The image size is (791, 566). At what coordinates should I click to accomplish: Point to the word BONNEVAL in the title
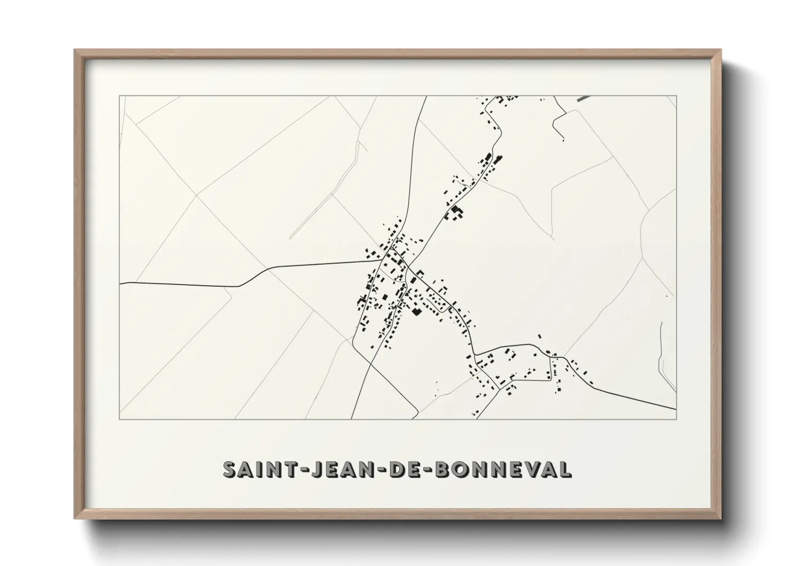(503, 469)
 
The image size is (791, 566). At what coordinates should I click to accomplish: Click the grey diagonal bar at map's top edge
(584, 98)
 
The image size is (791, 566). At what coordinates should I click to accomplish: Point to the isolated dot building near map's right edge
(666, 296)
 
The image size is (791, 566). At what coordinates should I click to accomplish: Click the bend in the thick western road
(239, 286)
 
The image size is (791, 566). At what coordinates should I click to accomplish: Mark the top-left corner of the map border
(119, 96)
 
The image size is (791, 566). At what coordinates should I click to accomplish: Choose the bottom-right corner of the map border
(677, 419)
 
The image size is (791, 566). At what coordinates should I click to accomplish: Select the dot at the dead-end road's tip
(563, 140)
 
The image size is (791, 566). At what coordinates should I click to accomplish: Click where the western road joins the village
(381, 261)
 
